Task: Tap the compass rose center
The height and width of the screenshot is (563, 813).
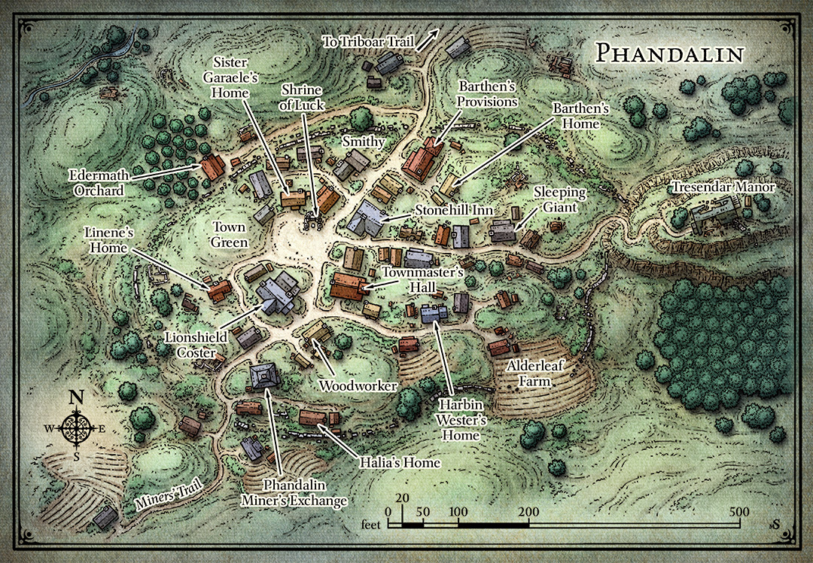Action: (76, 428)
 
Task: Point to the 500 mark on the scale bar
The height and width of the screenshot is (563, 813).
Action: (738, 511)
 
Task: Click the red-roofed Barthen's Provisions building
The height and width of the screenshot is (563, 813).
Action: (422, 160)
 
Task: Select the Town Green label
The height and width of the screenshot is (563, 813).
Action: (229, 234)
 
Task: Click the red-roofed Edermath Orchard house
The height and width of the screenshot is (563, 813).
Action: (213, 167)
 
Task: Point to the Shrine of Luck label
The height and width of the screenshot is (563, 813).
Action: (303, 98)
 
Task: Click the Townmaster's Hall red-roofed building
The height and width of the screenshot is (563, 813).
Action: (348, 288)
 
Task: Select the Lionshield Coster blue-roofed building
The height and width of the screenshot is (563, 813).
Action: (276, 292)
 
